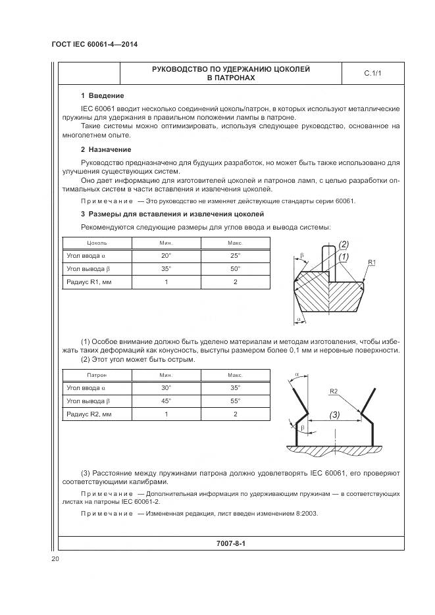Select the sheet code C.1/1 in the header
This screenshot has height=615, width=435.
coord(372,74)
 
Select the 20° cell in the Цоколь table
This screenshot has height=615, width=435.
coord(166,256)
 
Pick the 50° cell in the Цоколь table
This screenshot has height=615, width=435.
coord(235,269)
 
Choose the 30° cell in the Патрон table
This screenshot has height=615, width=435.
coord(166,387)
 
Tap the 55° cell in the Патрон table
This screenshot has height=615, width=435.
coord(235,401)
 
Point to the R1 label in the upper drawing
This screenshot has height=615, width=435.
coord(372,262)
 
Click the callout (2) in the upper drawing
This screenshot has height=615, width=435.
coord(343,245)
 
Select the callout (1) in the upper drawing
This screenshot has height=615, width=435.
coord(343,256)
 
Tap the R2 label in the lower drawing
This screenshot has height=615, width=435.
coord(334,392)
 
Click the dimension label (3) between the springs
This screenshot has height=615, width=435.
coord(334,415)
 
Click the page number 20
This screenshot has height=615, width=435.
coord(55,559)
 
